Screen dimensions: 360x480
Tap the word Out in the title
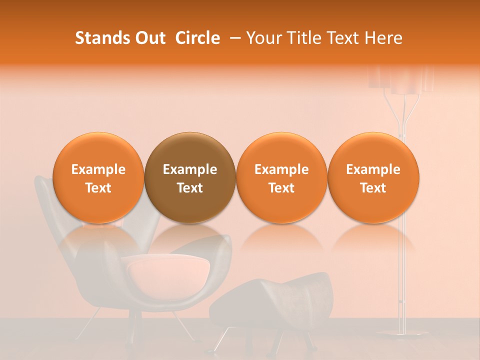click(149, 38)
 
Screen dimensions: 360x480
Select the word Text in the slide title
click(339, 38)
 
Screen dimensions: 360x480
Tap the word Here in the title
click(383, 38)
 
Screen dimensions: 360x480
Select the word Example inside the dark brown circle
click(190, 169)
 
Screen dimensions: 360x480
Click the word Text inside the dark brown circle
click(190, 188)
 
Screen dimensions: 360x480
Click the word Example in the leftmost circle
click(98, 169)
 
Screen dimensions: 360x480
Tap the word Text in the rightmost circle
click(373, 188)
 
